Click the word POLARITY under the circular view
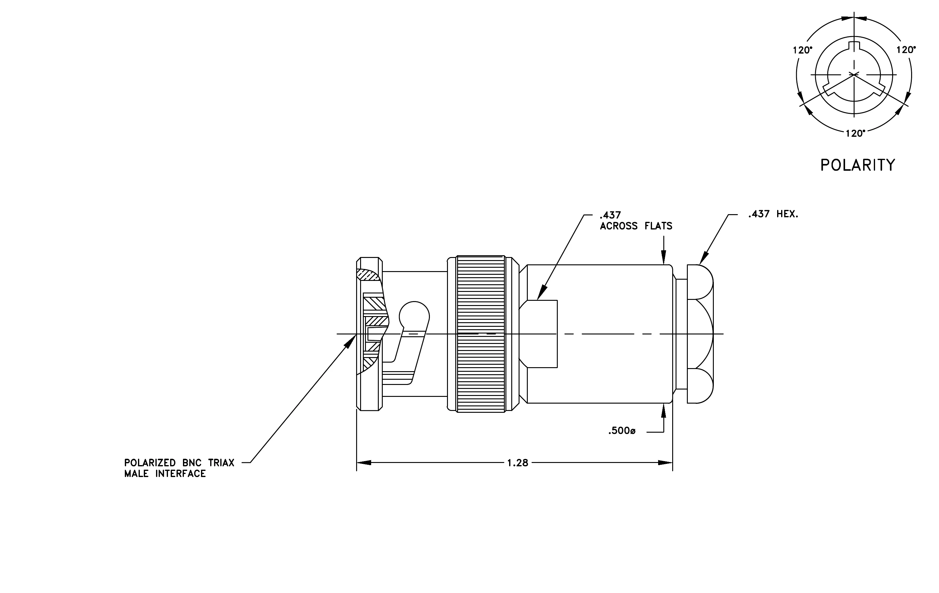point(858,165)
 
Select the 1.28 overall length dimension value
point(517,463)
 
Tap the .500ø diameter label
point(622,431)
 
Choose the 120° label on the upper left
point(803,50)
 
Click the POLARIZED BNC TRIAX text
point(179,463)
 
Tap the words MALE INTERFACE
point(165,474)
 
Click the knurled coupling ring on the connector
point(481,334)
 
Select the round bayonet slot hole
point(414,316)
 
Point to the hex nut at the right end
point(700,334)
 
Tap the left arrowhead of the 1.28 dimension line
point(364,463)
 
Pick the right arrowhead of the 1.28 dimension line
point(665,463)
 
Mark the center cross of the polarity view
point(854,74)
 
